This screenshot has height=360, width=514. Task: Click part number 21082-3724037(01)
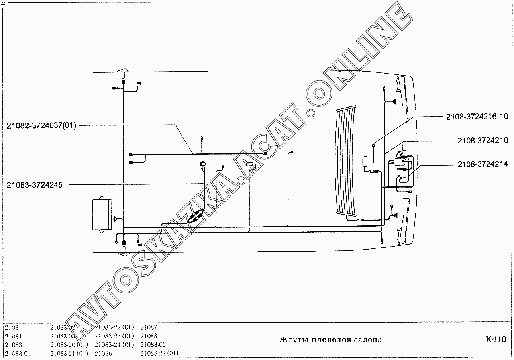[41, 126]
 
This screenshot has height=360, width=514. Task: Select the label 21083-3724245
[34, 185]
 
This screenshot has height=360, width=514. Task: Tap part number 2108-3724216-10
[477, 117]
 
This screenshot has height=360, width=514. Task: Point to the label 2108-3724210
[483, 140]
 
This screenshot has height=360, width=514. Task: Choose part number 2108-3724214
[483, 164]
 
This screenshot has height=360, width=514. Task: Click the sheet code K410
[496, 339]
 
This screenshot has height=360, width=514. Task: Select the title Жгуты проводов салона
[330, 340]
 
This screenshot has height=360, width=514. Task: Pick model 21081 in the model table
[13, 337]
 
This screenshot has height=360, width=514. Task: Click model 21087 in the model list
[149, 327]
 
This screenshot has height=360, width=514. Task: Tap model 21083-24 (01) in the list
[114, 345]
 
